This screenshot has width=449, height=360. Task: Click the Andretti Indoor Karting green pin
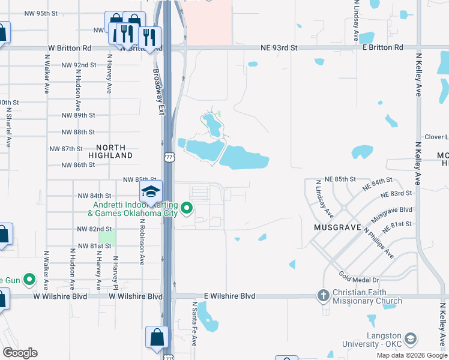pyautogui.click(x=187, y=209)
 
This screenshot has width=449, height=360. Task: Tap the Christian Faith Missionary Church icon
pyautogui.click(x=323, y=296)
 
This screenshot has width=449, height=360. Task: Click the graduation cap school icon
pyautogui.click(x=151, y=192)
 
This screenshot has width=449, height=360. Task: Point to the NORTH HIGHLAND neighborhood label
pyautogui.click(x=110, y=151)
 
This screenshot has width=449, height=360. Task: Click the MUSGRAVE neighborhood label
pyautogui.click(x=337, y=228)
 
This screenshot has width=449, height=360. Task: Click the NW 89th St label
pyautogui.click(x=78, y=115)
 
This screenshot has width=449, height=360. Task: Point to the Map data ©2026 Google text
pyautogui.click(x=412, y=355)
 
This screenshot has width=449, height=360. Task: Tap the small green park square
pyautogui.click(x=107, y=237)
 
